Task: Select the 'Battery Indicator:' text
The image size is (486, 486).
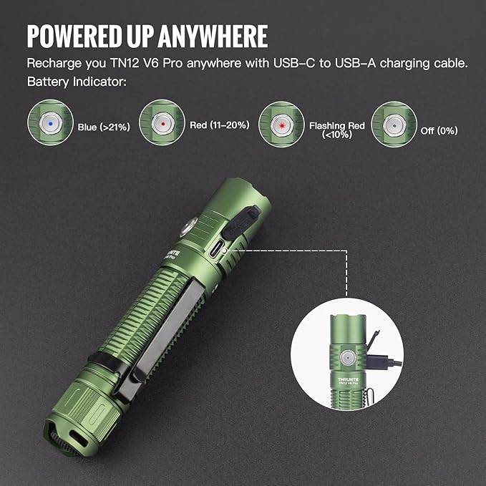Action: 77,82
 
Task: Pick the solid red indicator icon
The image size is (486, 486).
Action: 162,123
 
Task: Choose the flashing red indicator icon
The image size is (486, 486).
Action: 281,124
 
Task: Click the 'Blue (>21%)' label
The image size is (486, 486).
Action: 103,128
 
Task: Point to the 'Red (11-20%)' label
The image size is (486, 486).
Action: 219,125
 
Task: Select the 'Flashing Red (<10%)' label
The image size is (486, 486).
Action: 336,130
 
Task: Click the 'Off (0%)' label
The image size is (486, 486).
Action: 439,130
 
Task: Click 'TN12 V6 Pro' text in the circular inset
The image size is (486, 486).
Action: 349,385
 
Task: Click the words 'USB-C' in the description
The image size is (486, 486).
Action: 290,63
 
